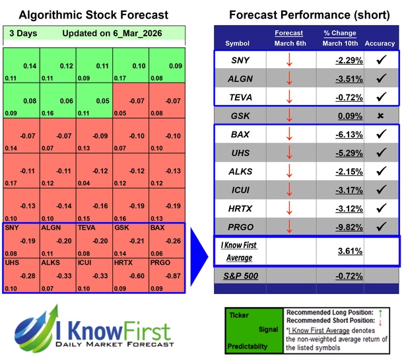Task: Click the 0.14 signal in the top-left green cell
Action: pos(30,66)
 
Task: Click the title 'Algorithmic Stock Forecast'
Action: pos(94,15)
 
